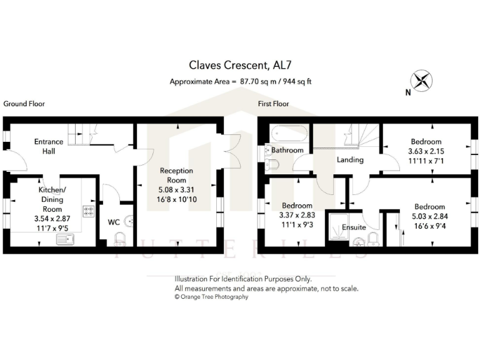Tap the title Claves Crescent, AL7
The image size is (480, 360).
pos(240,64)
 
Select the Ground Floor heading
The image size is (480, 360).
pos(24,104)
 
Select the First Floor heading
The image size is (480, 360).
pos(274,104)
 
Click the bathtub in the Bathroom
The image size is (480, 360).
pos(288,134)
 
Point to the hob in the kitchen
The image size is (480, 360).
pos(89,212)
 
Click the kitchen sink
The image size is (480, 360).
pos(66,239)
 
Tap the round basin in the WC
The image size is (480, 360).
pos(129,220)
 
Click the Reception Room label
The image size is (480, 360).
pos(176,175)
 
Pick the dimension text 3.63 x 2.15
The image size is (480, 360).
pos(426,151)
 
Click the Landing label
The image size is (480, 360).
pos(350,160)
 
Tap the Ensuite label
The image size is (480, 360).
pos(354,227)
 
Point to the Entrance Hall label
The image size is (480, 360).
pos(49,146)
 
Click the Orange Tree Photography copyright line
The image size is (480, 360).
pos(211,297)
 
